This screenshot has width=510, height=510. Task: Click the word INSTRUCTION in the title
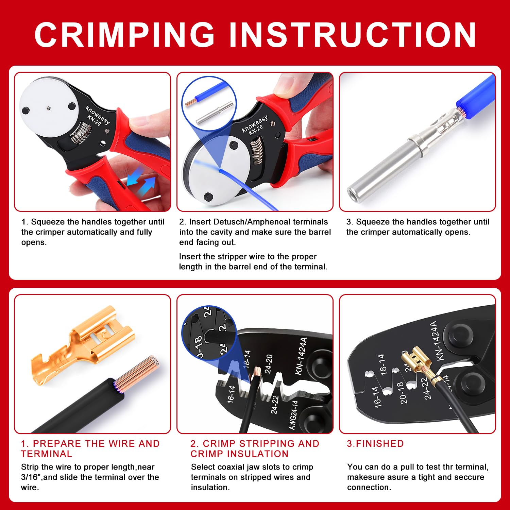point(353,35)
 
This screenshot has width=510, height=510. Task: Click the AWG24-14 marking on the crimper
point(293,415)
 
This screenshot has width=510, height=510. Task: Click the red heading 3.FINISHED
point(375,444)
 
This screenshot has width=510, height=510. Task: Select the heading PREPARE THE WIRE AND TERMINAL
point(90,448)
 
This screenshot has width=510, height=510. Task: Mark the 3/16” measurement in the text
point(31,477)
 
